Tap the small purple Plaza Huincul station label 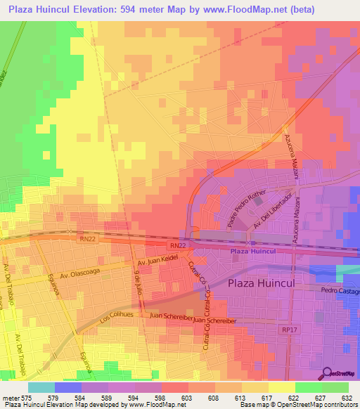pyautogui.click(x=252, y=251)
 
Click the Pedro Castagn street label pyautogui.click(x=340, y=289)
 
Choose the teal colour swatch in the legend pyautogui.click(x=41, y=387)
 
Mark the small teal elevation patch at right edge pyautogui.click(x=348, y=272)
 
